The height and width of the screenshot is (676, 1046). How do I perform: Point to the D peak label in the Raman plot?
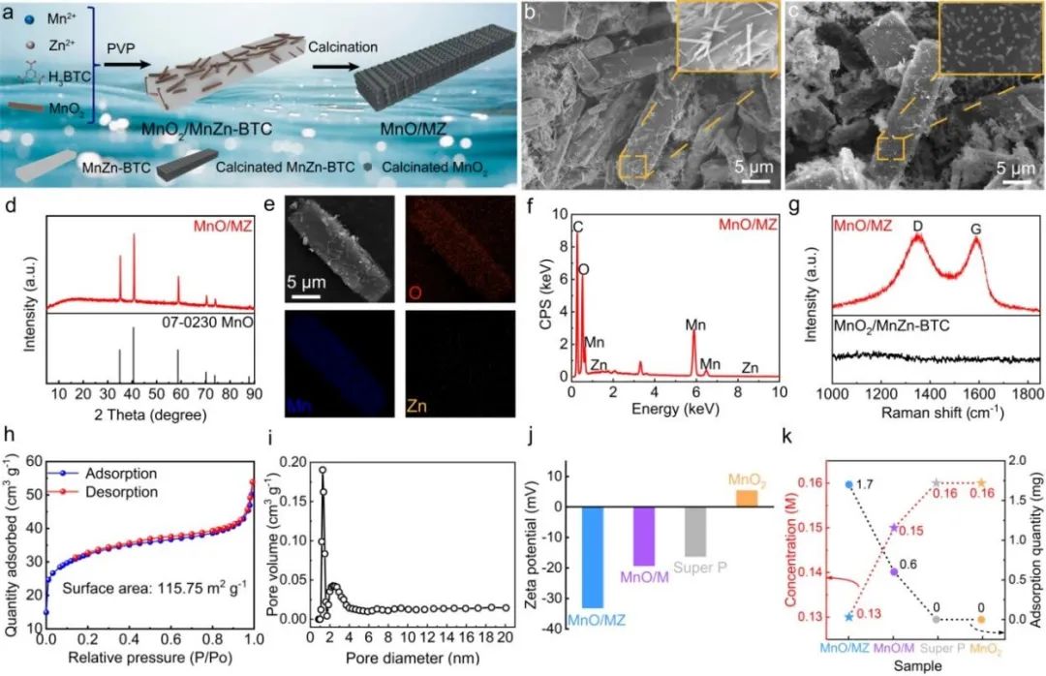click(x=916, y=226)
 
